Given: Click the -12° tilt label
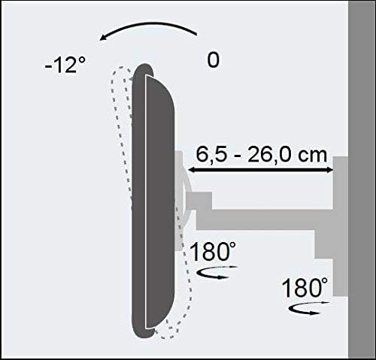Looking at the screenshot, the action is point(65,65).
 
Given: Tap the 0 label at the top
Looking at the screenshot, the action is point(213,60).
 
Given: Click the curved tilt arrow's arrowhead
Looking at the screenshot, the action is point(103,38).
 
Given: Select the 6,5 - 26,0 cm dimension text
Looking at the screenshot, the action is point(262,155).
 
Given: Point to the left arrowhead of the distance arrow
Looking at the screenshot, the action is point(192,170).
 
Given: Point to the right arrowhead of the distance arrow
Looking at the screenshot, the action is point(329,170).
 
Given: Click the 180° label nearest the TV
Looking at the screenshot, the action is point(213,251).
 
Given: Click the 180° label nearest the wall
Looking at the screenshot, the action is point(305,288).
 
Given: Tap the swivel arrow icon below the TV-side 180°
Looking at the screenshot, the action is point(216,272).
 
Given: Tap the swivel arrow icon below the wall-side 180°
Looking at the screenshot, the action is point(308,308).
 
